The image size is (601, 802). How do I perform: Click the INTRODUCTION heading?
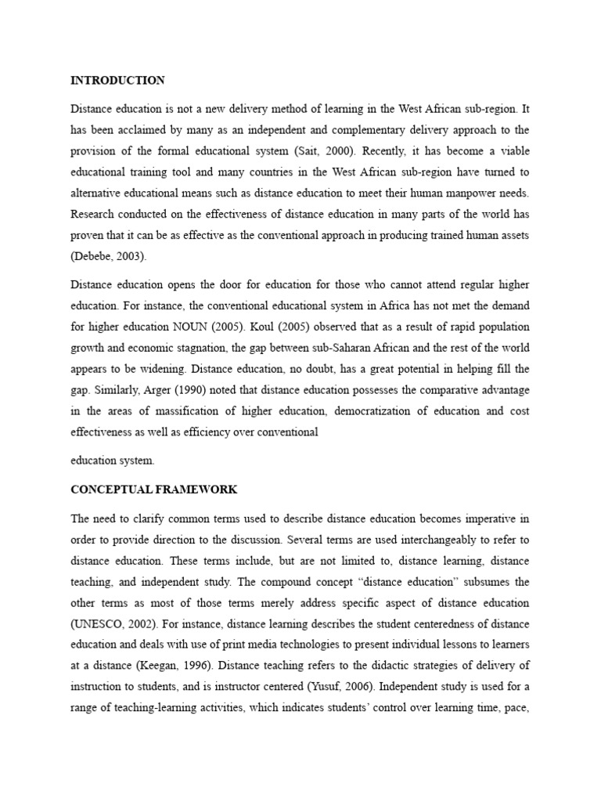[117, 80]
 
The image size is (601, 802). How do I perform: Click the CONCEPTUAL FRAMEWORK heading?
[153, 490]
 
